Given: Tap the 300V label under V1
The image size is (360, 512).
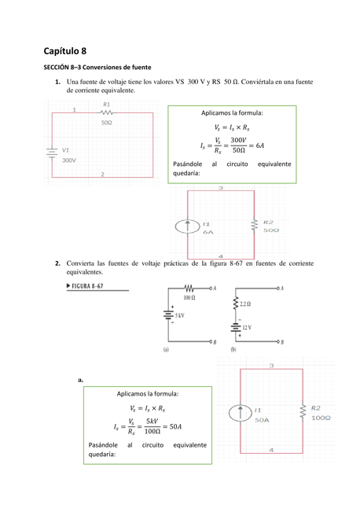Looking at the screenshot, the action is [x=69, y=160].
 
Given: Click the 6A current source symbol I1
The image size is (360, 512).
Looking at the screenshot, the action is [x=188, y=227].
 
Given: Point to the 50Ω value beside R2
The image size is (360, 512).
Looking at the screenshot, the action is [x=270, y=230].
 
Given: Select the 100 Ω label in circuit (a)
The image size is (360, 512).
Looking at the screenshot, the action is [x=189, y=297].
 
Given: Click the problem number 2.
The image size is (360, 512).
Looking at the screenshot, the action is [x=57, y=262].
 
